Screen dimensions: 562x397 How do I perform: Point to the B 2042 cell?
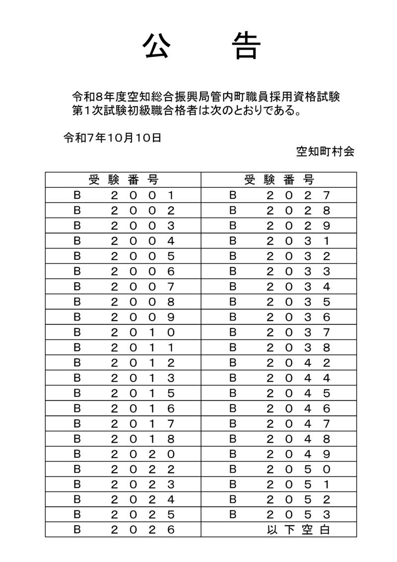279,362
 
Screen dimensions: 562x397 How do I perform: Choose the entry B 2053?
279,514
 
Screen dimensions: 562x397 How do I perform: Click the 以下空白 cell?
298,530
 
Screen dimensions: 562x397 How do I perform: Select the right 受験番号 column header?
279,180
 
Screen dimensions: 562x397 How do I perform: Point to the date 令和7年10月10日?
112,138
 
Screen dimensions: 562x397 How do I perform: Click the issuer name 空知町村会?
325,152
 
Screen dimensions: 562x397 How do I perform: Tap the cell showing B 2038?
279,347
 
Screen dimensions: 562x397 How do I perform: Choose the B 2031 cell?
279,241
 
